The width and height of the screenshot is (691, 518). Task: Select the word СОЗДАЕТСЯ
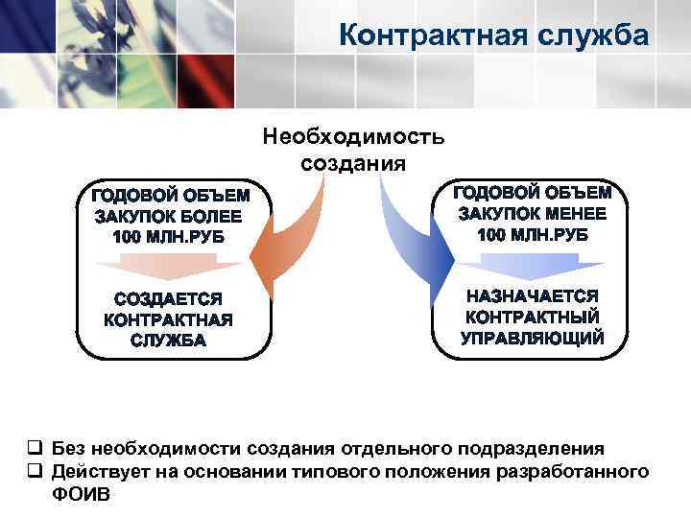[x=168, y=299]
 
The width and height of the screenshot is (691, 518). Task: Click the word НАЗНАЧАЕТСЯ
[x=533, y=295]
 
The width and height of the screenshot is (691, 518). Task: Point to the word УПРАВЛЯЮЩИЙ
[x=533, y=338]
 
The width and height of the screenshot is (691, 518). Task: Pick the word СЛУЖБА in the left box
[x=168, y=341]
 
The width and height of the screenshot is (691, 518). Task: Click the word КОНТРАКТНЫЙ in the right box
[x=533, y=317]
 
